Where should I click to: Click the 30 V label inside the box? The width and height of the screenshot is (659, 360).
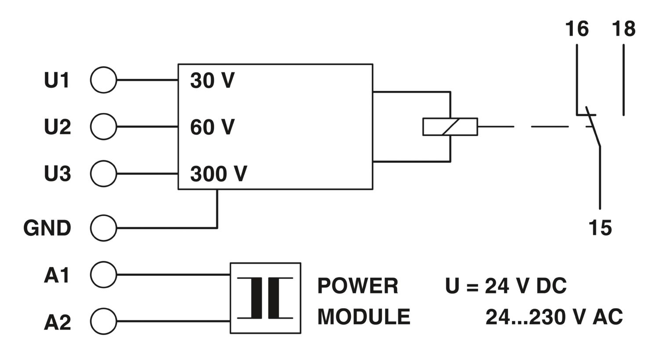(212, 80)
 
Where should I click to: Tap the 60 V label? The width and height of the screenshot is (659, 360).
(212, 127)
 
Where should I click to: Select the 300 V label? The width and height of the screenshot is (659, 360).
(219, 174)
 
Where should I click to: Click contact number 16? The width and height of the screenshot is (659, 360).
(577, 29)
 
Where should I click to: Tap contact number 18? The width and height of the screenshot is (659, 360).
(624, 29)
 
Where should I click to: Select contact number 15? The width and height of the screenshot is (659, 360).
(600, 228)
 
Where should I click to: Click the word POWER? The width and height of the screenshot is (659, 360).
(358, 286)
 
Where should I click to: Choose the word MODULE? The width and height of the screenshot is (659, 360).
(364, 317)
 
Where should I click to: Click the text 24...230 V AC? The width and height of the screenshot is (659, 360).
(554, 317)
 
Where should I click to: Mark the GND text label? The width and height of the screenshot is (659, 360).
(47, 228)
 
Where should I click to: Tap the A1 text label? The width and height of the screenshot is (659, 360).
(57, 275)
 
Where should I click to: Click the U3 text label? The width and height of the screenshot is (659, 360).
(58, 174)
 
